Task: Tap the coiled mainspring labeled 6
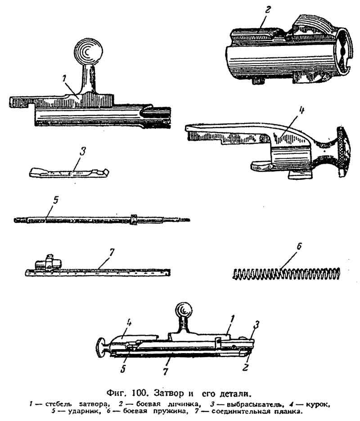[287, 273]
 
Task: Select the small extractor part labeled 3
[70, 172]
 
